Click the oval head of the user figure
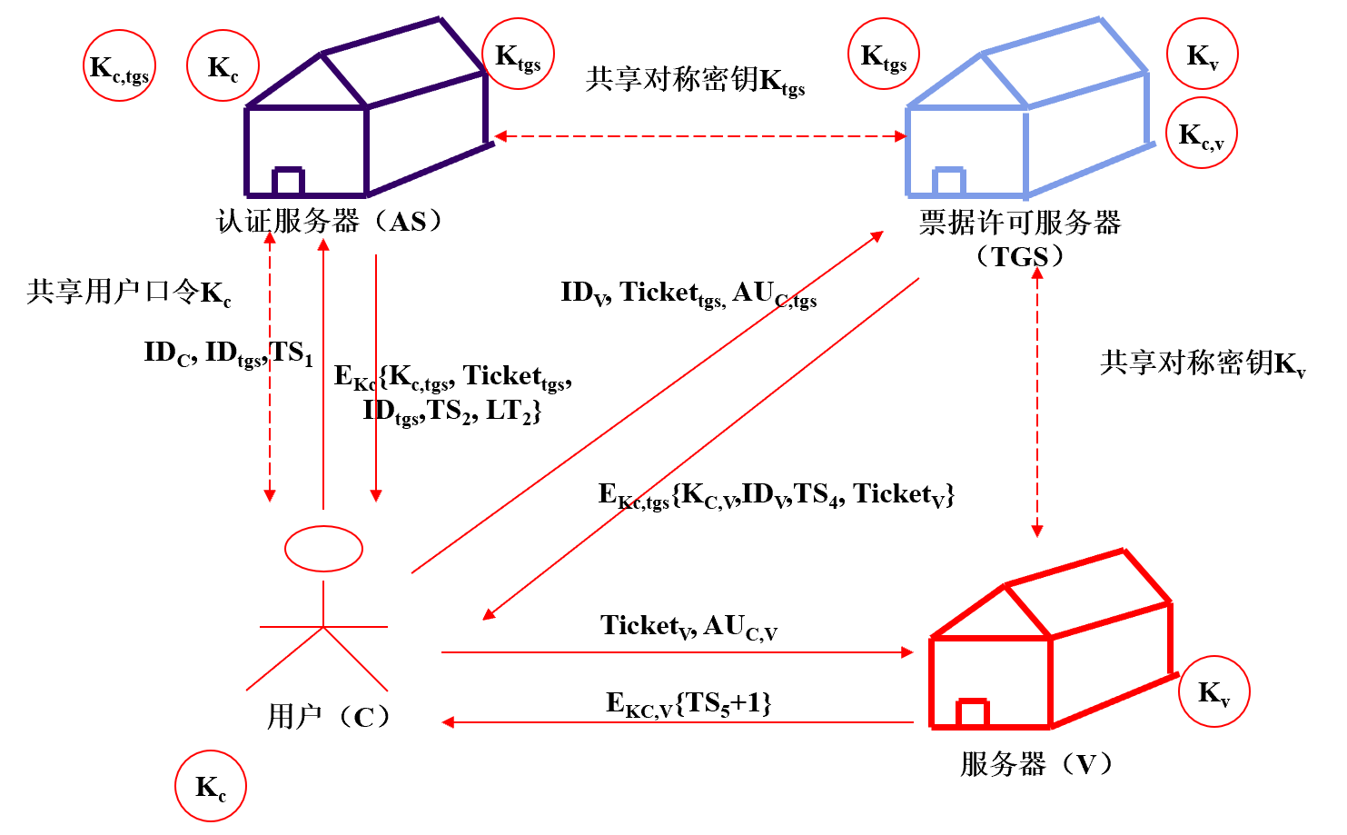point(323,548)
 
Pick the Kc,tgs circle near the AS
point(119,65)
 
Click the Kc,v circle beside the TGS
point(1201,133)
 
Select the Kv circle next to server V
point(1213,691)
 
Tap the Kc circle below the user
point(210,786)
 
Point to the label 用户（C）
point(329,717)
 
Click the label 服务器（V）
point(1036,763)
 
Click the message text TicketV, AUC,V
point(688,626)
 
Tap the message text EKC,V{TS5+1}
point(688,703)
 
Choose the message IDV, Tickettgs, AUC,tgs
point(688,293)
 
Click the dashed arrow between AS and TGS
point(699,136)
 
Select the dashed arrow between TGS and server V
point(1037,400)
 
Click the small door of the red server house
point(972,713)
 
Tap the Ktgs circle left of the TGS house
point(883,54)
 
